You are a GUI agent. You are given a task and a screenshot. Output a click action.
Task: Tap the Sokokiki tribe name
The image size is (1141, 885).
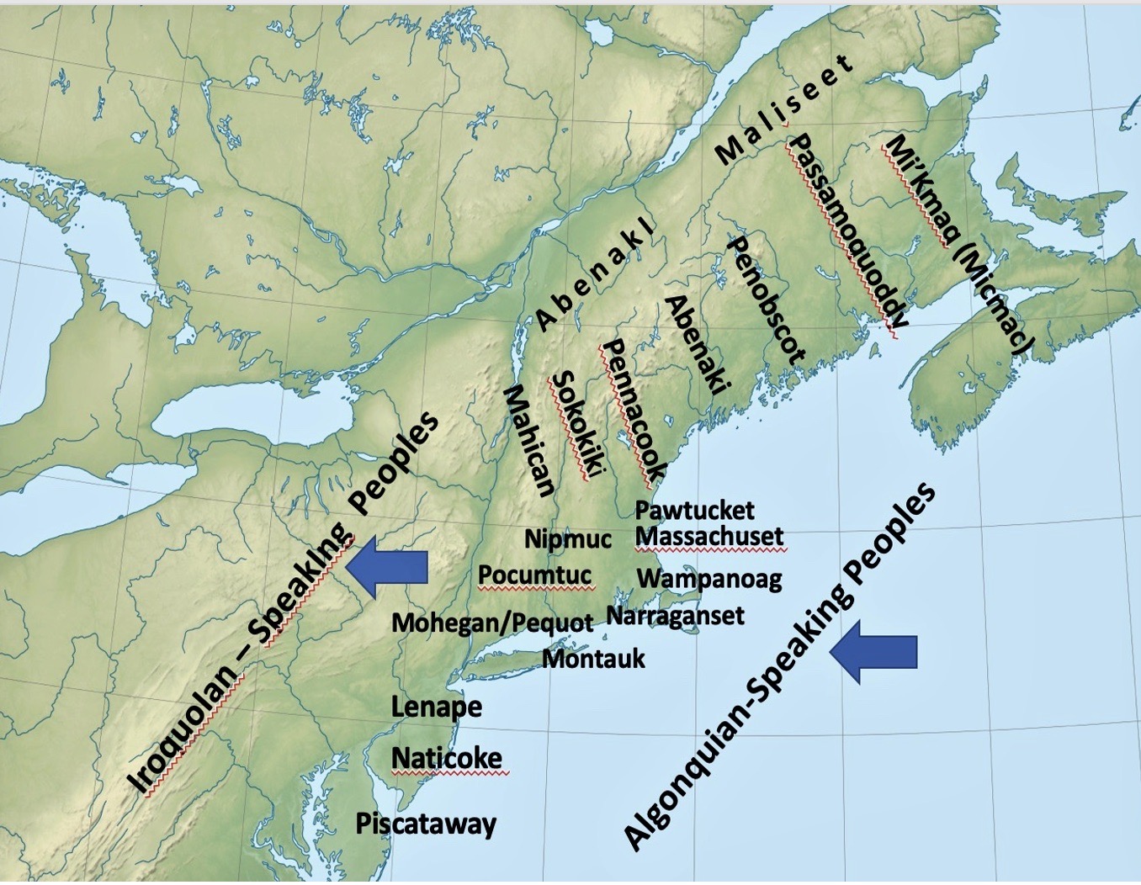click(x=577, y=425)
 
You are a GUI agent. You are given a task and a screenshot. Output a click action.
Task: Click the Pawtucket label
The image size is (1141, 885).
click(x=694, y=510)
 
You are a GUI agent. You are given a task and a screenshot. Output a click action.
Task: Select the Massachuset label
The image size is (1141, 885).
click(x=709, y=536)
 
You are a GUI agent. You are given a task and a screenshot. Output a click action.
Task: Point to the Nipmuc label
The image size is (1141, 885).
click(x=568, y=538)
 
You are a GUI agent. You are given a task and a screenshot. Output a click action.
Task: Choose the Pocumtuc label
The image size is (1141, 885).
click(x=535, y=575)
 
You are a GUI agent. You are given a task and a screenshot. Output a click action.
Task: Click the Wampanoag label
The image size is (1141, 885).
click(x=709, y=579)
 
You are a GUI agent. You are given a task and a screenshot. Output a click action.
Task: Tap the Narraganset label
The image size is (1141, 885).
click(x=675, y=616)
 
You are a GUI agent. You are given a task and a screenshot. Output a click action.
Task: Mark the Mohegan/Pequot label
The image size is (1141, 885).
click(x=492, y=623)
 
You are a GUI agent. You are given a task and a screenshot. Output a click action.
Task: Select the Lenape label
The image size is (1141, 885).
click(x=437, y=707)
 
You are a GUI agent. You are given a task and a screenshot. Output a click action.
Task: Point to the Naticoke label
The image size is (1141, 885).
click(x=447, y=757)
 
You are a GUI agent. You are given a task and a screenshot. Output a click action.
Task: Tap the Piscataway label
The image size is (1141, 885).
click(x=426, y=824)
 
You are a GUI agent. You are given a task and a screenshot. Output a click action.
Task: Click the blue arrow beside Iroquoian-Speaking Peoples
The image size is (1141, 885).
click(x=388, y=568)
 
